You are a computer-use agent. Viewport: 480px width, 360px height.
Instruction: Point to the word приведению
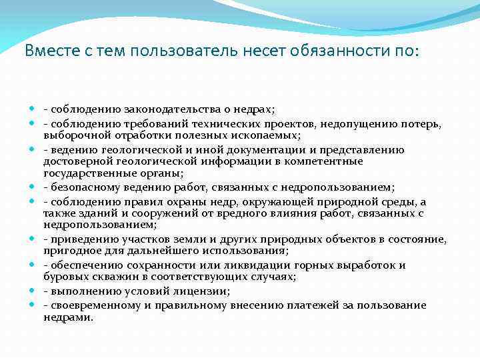click(x=79, y=239)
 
